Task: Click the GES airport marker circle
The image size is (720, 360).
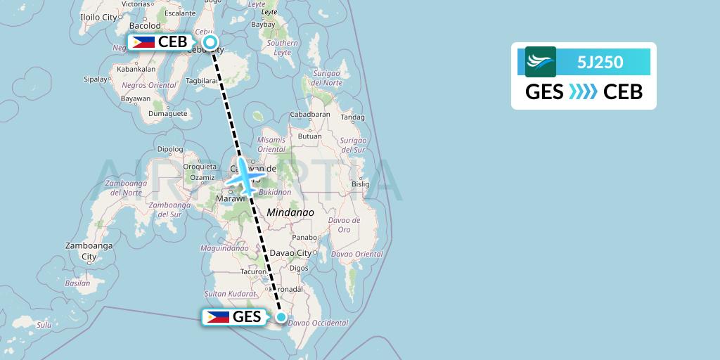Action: pos(281,318)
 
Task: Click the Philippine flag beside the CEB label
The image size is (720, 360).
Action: pos(143,42)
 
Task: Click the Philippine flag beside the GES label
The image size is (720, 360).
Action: pos(218,317)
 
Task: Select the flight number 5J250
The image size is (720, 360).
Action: pos(600,62)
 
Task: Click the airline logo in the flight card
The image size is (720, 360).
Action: pos(540,62)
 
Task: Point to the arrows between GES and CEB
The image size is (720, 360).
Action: pos(584,91)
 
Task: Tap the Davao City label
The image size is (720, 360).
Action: pos(291,253)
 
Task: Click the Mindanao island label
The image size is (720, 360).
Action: pos(290,212)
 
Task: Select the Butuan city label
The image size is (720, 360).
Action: pos(310,136)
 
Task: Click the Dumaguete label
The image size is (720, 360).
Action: pos(168,113)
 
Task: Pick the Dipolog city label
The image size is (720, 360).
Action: pos(169,149)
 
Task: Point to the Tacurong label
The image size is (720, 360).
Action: pos(253,271)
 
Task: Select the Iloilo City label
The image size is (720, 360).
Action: pos(99,16)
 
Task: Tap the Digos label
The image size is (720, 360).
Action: pos(299,268)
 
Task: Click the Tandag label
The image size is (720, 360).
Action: pos(352,117)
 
